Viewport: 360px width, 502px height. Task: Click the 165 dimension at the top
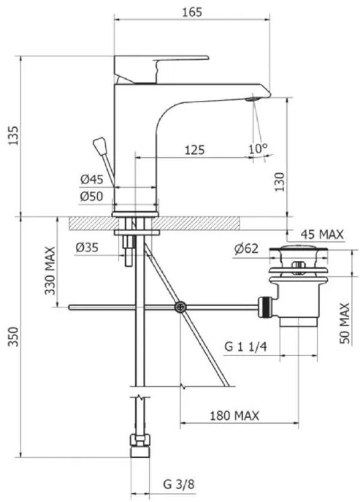(x=192, y=12)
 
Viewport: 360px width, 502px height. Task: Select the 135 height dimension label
(x=13, y=136)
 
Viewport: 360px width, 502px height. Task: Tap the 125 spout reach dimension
(x=194, y=150)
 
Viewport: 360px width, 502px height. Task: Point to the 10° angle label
(x=258, y=148)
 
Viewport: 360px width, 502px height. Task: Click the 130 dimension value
(x=280, y=182)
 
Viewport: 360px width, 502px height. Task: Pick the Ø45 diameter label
(x=92, y=179)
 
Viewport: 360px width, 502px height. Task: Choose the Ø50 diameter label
(x=91, y=196)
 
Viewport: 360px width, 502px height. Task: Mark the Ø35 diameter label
(x=87, y=248)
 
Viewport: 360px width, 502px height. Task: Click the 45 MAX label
(x=322, y=235)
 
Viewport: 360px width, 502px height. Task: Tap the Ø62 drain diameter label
(x=246, y=248)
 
